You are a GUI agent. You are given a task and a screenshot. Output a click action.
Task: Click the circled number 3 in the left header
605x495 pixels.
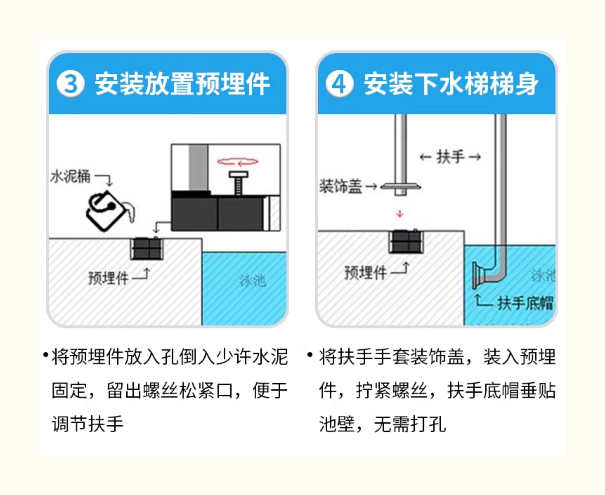[x=71, y=84]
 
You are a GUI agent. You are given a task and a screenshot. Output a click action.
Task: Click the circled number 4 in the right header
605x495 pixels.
[x=339, y=84]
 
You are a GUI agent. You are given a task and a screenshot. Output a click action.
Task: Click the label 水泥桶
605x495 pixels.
[x=71, y=176]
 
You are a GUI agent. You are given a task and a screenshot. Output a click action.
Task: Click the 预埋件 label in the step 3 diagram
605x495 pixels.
[x=109, y=278]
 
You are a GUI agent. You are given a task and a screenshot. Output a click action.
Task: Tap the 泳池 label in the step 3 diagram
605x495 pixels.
[x=252, y=281]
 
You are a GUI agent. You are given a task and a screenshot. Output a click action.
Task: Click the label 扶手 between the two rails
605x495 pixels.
[x=450, y=157]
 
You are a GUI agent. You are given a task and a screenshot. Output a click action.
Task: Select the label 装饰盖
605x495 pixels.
[x=341, y=186]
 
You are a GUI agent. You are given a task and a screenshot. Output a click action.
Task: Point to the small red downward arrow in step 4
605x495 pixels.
[x=400, y=214]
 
